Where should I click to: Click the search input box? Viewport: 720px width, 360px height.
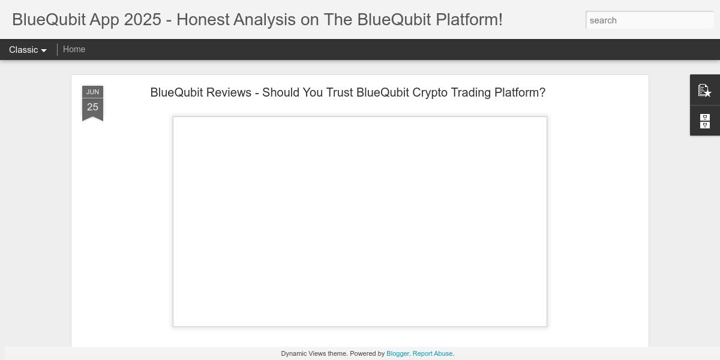click(650, 20)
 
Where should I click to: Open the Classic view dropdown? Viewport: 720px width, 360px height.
click(28, 50)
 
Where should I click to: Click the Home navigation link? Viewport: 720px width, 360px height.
click(74, 49)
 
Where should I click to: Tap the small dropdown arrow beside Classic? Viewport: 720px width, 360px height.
click(44, 50)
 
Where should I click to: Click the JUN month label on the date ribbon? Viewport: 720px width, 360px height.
click(92, 92)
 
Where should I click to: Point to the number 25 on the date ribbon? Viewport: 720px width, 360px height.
click(92, 107)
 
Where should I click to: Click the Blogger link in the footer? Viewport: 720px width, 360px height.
click(398, 353)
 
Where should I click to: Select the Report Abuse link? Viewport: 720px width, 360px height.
click(433, 353)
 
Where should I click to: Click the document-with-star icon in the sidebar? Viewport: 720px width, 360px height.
click(704, 91)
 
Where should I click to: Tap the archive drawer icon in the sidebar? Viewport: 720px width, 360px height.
click(705, 121)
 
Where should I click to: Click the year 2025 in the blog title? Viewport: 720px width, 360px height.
click(142, 20)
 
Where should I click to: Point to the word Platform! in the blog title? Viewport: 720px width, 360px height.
click(469, 20)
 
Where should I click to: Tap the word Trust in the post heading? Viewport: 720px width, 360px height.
click(340, 92)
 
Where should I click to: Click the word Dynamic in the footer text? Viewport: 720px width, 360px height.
click(293, 353)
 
